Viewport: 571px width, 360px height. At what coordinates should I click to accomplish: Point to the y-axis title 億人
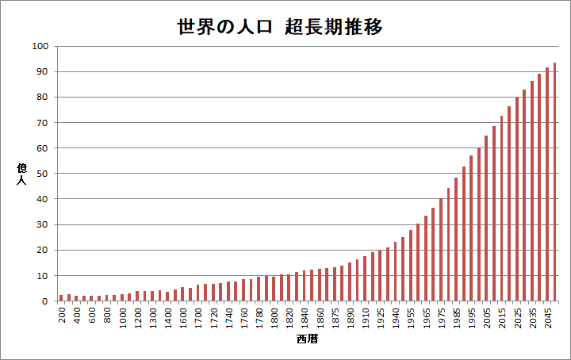coord(21,174)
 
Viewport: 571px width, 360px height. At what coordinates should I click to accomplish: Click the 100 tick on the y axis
coord(40,46)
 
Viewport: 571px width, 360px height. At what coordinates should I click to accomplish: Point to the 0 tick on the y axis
coord(46,301)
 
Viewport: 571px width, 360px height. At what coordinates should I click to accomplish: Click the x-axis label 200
coord(62,314)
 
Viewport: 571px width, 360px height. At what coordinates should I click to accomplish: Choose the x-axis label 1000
coord(122,316)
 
